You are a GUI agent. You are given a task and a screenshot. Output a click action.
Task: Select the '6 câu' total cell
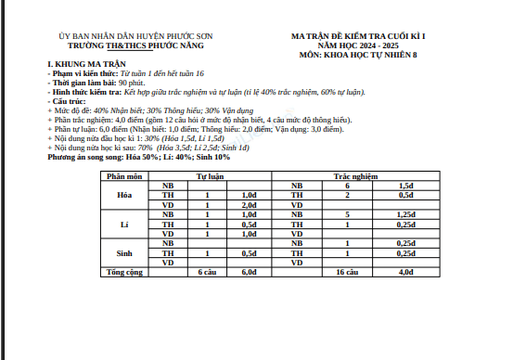208,273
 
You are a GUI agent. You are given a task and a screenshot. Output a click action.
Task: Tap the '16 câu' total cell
346,273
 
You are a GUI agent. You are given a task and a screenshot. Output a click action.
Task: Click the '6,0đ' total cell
249,273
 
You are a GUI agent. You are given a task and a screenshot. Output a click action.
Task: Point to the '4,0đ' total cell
405,273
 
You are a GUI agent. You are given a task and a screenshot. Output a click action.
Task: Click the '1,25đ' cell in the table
405,214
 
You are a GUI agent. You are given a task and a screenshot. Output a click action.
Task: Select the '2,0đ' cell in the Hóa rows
249,204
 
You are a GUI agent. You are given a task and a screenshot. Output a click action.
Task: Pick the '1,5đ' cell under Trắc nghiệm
405,186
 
